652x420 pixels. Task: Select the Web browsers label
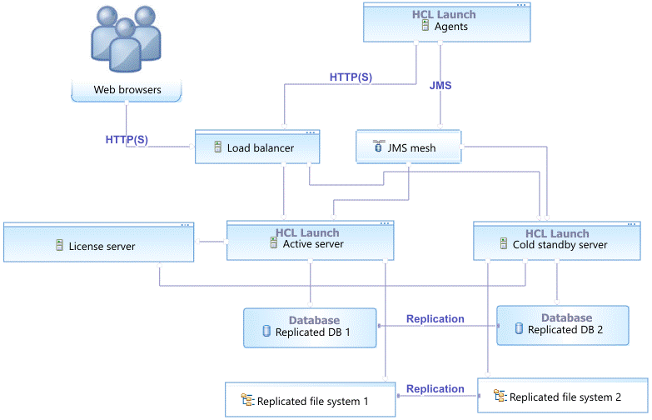coord(127,90)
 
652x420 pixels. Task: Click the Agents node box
coord(445,22)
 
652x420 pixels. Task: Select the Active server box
coord(309,241)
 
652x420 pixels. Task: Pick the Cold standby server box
coord(557,242)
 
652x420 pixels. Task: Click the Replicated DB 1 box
coord(310,327)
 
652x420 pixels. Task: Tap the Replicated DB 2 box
coord(563,325)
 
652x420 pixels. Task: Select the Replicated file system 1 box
coord(310,401)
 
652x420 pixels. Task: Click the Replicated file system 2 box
coord(563,397)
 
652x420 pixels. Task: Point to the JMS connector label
coord(440,85)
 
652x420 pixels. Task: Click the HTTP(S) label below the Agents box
coord(351,77)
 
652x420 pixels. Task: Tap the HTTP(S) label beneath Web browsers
coord(127,139)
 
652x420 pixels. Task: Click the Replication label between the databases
coord(435,318)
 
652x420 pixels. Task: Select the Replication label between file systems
coord(435,388)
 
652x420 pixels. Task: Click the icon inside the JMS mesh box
coord(378,147)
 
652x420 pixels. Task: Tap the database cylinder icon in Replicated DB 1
coord(267,332)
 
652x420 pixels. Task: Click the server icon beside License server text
coord(59,246)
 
